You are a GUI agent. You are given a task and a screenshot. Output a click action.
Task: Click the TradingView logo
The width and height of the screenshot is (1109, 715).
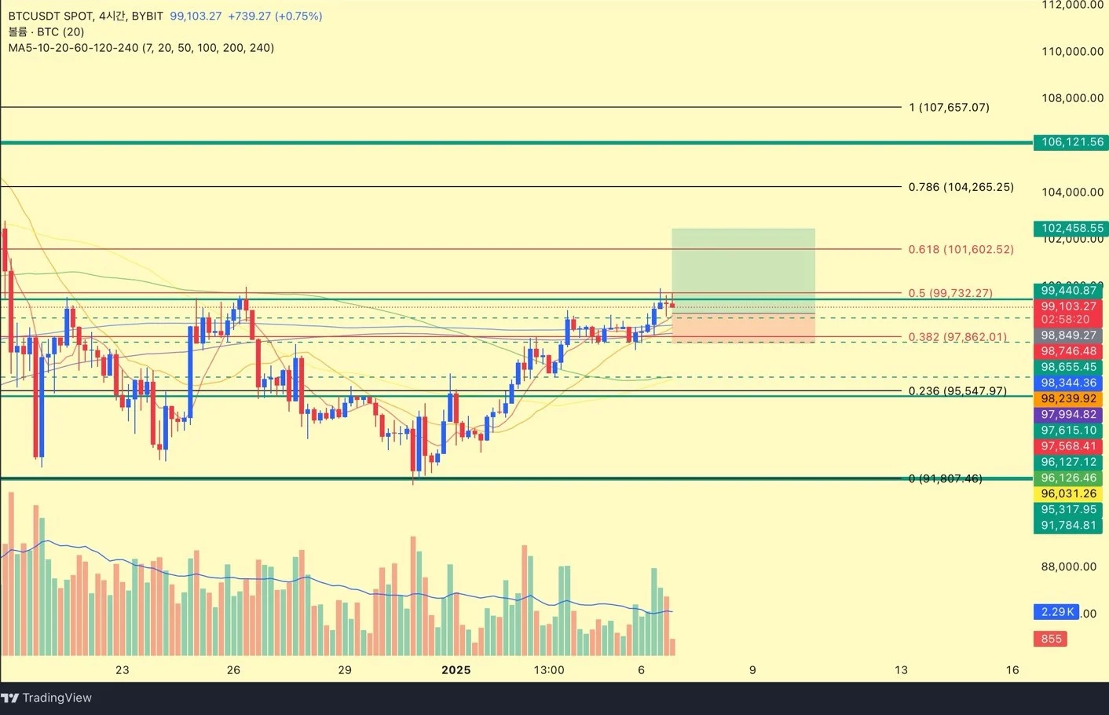[46, 698]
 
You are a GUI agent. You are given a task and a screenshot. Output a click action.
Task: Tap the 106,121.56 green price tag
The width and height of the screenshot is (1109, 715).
[1071, 142]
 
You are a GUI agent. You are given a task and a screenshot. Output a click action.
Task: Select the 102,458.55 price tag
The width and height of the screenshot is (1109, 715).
[1071, 229]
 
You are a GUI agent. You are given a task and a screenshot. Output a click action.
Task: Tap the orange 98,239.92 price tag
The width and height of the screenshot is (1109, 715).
[1068, 399]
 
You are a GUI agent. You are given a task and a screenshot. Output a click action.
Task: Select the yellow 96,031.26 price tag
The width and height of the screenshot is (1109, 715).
[1068, 493]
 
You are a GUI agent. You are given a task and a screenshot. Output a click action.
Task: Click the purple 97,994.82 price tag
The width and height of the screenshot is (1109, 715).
[1068, 415]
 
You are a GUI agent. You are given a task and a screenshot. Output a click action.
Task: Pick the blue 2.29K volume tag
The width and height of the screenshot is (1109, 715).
[1056, 612]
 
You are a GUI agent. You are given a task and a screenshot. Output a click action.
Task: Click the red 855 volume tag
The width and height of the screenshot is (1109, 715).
[1052, 639]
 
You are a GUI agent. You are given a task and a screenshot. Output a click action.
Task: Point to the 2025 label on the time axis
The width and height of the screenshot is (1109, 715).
[456, 670]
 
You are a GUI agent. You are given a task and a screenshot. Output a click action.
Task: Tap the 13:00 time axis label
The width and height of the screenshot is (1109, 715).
[549, 670]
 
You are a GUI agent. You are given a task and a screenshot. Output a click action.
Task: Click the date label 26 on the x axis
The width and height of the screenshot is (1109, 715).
[233, 670]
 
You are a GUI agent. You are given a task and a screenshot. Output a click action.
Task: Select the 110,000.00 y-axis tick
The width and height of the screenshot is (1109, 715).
[1072, 52]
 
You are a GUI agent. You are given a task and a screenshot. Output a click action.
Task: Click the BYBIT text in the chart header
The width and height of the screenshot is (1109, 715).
[148, 16]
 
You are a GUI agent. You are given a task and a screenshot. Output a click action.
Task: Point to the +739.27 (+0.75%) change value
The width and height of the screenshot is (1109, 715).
[275, 16]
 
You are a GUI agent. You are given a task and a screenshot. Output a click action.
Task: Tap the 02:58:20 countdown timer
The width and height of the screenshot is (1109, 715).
[1065, 320]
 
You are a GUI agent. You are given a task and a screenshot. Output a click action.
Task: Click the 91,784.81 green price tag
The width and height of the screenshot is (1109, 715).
[1068, 525]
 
